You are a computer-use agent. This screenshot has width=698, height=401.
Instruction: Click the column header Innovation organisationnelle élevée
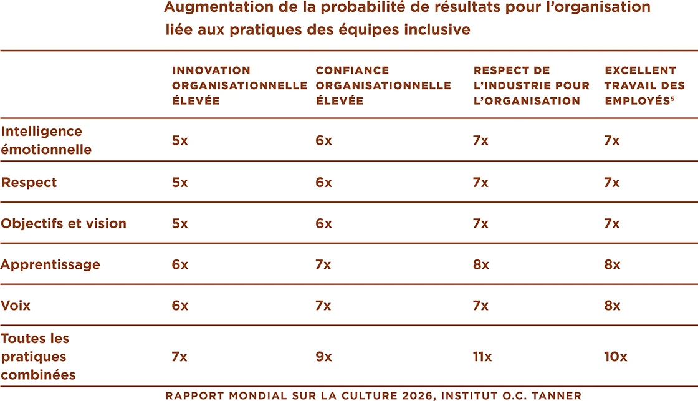pos(239,85)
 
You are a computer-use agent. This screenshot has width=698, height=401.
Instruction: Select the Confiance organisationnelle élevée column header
pos(383,85)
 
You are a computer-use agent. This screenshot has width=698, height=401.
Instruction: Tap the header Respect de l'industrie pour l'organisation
pos(531,85)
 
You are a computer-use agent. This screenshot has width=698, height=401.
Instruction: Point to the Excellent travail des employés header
pos(644,85)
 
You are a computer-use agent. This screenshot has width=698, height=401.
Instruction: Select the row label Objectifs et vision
pos(64,223)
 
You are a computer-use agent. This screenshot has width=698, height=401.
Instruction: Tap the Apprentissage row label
pos(50,264)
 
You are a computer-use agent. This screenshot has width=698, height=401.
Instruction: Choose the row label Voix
pos(16,306)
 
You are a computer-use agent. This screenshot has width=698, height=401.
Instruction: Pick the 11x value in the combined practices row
pos(482,357)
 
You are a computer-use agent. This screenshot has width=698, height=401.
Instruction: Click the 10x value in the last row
pos(615,357)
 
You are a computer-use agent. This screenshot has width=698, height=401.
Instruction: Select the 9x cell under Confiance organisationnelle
pos(323,357)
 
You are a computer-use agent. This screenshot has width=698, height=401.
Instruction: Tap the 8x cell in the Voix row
pos(612,306)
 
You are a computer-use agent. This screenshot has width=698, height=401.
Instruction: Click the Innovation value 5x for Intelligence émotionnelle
pos(179,140)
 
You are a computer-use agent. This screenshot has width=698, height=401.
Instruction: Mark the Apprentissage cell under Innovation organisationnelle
pos(179,264)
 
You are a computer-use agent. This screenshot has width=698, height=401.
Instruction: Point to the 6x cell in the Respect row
pos(323,183)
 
